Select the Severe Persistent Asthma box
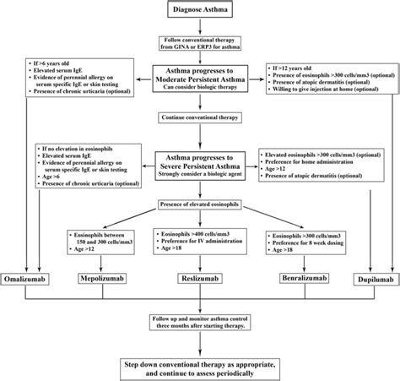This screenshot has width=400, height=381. (199, 161)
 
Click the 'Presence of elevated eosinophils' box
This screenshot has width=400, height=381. (200, 204)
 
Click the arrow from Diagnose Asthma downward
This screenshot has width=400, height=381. (199, 29)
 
